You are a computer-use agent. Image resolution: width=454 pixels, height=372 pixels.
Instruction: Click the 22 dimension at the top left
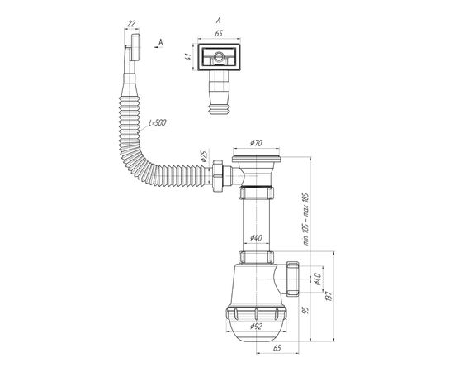pos(131,23)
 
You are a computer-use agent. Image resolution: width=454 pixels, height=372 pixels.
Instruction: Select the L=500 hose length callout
pos(158,122)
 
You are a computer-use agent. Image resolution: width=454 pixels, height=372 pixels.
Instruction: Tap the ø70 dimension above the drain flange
pos(256,143)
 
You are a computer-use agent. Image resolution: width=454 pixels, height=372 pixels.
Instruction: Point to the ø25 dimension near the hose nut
pos(204,156)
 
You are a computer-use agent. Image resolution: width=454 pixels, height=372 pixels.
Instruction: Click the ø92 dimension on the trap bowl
pos(256,327)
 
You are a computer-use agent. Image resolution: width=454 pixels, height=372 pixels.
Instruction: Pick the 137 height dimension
pos(329,296)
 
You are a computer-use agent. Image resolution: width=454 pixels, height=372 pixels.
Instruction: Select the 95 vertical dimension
pos(305,310)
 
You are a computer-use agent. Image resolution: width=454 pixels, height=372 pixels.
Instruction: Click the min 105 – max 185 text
pos(306,220)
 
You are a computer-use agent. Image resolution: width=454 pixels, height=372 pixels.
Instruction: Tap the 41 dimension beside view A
pos(188,56)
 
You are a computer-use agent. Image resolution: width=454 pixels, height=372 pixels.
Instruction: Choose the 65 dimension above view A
pos(219,33)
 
